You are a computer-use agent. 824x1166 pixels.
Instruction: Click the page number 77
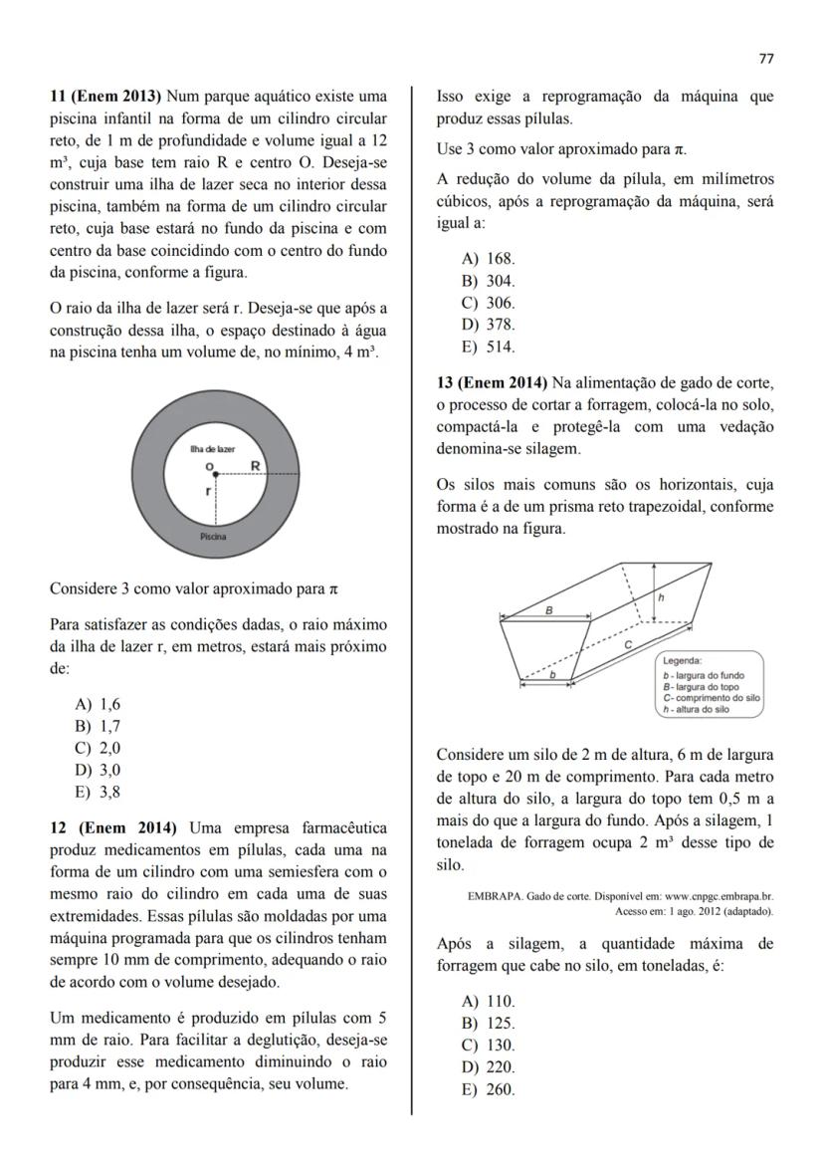pyautogui.click(x=765, y=58)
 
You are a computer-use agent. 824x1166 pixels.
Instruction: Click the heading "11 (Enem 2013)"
pyautogui.click(x=106, y=97)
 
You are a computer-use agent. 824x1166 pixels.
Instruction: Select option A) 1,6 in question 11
pyautogui.click(x=98, y=703)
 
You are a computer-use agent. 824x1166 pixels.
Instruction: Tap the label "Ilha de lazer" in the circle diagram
pyautogui.click(x=212, y=450)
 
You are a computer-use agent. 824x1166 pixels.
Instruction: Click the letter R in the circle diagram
pyautogui.click(x=256, y=465)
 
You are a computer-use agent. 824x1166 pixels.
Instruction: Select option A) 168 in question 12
pyautogui.click(x=488, y=259)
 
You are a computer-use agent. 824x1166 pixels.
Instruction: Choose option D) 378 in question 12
pyautogui.click(x=489, y=325)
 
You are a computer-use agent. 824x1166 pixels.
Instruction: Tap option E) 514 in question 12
pyautogui.click(x=488, y=347)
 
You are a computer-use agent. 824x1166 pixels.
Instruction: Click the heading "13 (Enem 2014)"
pyautogui.click(x=492, y=382)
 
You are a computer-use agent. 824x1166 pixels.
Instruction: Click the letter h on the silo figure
pyautogui.click(x=661, y=596)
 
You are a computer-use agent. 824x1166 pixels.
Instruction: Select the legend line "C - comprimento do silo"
pyautogui.click(x=711, y=698)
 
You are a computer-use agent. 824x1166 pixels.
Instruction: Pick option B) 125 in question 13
pyautogui.click(x=488, y=1023)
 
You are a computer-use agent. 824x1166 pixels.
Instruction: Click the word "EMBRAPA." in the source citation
pyautogui.click(x=497, y=896)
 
